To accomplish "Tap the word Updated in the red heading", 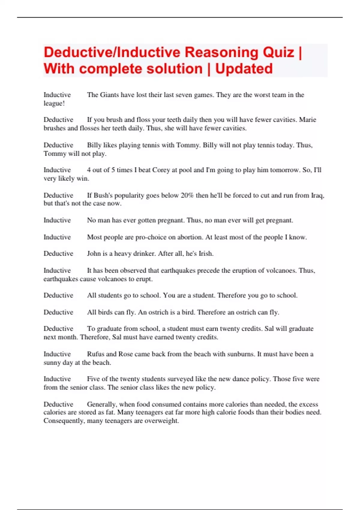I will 244,69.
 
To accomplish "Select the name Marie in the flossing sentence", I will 307,120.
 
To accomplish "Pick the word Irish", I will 206,253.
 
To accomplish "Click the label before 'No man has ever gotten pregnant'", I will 57,220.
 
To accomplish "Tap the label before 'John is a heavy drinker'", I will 58,253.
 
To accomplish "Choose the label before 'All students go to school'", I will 58,295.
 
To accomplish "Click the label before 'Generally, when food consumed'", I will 58,404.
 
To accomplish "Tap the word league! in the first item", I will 54,103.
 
